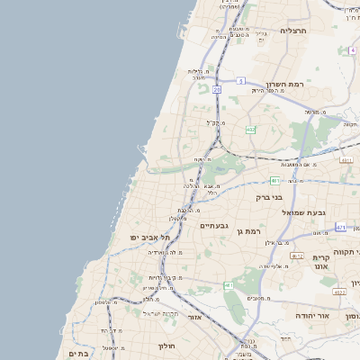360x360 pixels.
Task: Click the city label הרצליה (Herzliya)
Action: click(x=293, y=31)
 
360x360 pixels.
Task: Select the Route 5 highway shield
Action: click(x=241, y=81)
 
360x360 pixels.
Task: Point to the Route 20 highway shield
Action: click(x=218, y=90)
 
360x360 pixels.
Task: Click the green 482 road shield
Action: click(x=250, y=130)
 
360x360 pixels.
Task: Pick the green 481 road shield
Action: click(x=274, y=180)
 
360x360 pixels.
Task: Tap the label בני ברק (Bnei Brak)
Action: click(x=269, y=196)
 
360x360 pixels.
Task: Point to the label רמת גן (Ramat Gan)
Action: click(x=247, y=231)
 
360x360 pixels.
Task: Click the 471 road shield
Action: click(x=340, y=228)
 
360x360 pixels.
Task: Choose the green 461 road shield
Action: click(x=229, y=285)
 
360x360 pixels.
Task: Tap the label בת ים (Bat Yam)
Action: click(x=78, y=354)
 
